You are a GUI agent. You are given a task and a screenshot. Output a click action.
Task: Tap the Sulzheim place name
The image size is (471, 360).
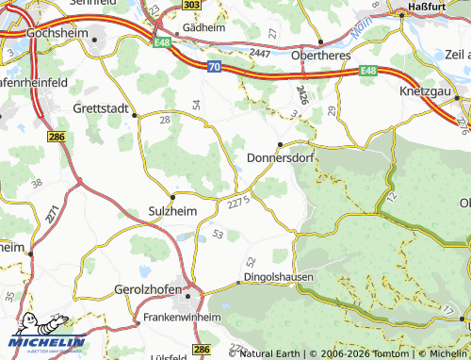click(173, 212)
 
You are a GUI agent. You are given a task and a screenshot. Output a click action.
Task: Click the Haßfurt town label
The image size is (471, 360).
click(425, 7)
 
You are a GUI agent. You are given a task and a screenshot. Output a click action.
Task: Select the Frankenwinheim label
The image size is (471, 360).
click(182, 319)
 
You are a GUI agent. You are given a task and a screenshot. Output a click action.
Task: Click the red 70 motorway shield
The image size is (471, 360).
click(214, 67)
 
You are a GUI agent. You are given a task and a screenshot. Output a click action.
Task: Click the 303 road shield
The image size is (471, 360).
click(192, 6)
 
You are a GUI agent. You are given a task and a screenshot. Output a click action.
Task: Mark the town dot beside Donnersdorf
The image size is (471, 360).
click(280, 144)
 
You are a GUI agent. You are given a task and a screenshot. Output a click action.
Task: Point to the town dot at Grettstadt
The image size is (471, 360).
click(135, 116)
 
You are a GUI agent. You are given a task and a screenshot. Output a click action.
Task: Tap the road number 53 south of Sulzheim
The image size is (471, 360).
click(219, 234)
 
